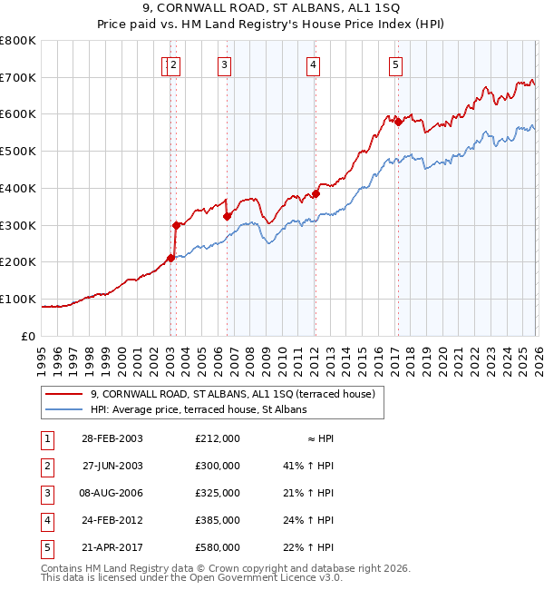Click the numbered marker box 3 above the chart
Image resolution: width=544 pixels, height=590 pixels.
click(x=223, y=64)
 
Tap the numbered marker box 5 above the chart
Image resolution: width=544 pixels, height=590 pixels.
click(x=396, y=64)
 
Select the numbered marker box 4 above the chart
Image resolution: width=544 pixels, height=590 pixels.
click(x=312, y=64)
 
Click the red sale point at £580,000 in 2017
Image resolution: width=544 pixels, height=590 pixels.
click(x=398, y=123)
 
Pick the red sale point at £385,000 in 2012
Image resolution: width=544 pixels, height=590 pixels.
click(x=316, y=193)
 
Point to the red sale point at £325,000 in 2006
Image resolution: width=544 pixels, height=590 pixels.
click(x=227, y=216)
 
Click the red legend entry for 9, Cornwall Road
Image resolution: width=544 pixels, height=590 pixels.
click(x=238, y=394)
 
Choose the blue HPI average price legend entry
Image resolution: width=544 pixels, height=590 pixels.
click(x=199, y=410)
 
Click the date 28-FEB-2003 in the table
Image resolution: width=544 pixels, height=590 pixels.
click(x=112, y=438)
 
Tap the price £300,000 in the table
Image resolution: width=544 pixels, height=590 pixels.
click(x=218, y=466)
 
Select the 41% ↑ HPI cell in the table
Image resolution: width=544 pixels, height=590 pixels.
click(x=308, y=466)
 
